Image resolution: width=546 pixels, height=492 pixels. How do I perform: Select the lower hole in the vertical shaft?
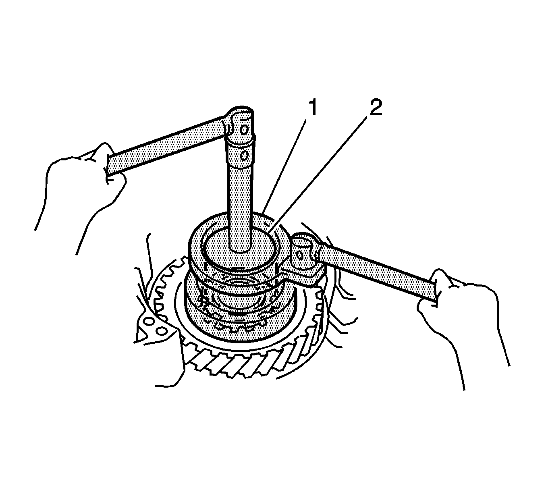pyautogui.click(x=245, y=156)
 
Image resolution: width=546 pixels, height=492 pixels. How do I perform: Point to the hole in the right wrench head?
pyautogui.click(x=299, y=255)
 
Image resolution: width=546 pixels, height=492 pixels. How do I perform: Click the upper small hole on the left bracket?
pyautogui.click(x=148, y=321)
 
